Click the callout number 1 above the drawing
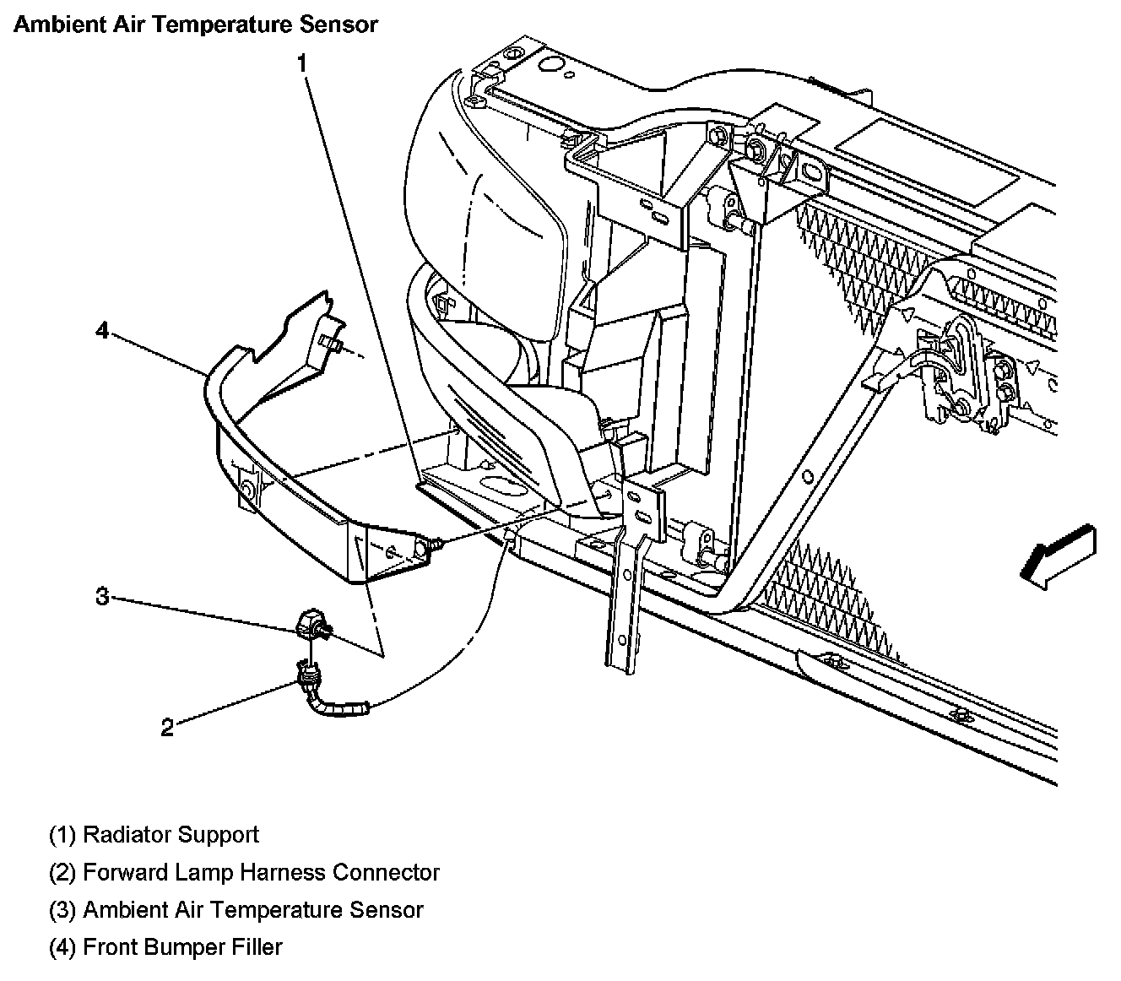301,62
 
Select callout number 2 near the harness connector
167,727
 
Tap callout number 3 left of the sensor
102,597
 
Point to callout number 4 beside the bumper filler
102,331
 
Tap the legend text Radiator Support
171,835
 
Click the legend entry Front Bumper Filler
182,947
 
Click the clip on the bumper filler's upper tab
331,344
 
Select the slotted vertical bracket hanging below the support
625,591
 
